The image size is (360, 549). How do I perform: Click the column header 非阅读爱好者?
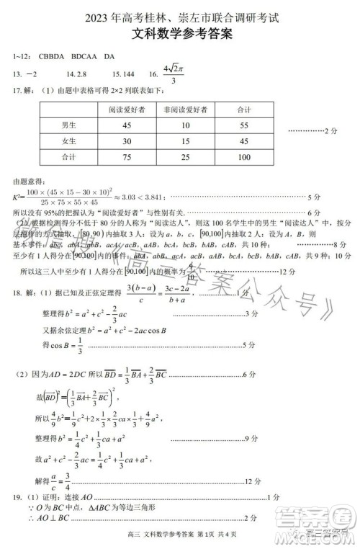[x=186, y=110]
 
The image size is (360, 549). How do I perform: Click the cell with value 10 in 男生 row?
[x=186, y=125]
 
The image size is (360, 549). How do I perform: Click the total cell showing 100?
[x=243, y=157]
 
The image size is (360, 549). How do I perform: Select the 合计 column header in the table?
[x=243, y=110]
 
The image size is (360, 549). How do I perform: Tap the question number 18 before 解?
[x=17, y=293]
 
